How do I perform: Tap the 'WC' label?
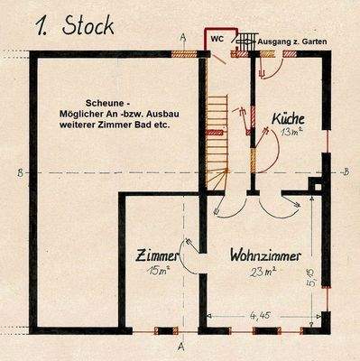point(218,40)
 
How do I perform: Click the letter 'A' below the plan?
point(181,346)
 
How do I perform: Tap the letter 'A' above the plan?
point(183,36)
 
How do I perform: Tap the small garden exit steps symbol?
point(244,42)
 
